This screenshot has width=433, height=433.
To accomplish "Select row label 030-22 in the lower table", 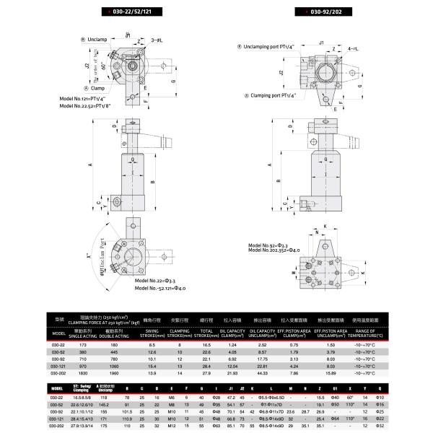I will point(56,397).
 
